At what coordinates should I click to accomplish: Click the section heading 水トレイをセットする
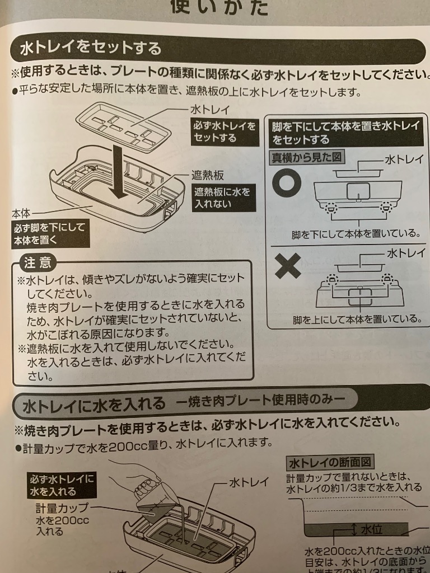click(x=91, y=48)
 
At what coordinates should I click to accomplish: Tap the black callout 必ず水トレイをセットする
click(x=224, y=132)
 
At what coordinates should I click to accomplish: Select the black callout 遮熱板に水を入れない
click(x=222, y=197)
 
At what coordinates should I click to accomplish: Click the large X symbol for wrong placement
click(x=288, y=267)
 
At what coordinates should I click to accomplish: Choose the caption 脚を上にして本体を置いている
click(x=356, y=319)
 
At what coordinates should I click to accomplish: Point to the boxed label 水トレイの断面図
click(x=330, y=463)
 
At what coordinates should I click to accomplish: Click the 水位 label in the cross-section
click(x=371, y=529)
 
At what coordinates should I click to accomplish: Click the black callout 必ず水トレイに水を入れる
click(x=62, y=485)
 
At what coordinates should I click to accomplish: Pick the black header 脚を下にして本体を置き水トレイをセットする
click(x=345, y=133)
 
